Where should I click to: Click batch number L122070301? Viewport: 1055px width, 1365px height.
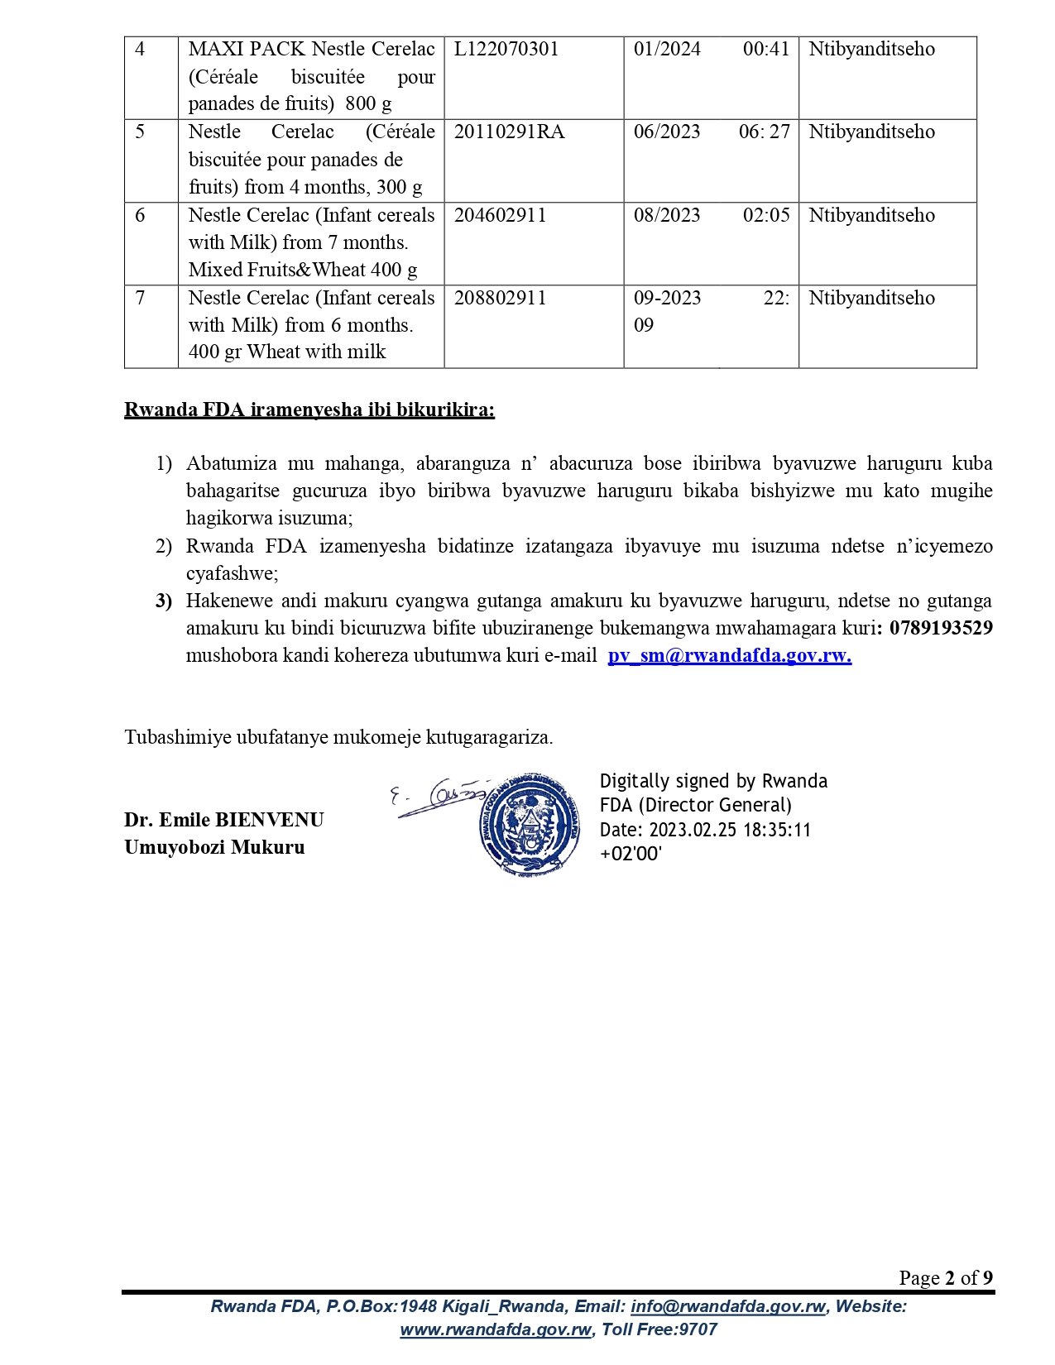506,50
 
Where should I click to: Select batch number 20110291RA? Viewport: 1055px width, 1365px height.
509,132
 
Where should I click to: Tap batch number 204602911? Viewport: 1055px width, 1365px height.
500,216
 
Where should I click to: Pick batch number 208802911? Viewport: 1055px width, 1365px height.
500,299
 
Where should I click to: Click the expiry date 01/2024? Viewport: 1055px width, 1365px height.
667,50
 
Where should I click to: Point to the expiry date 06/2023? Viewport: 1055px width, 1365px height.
667,132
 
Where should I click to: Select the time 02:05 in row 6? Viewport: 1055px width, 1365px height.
765,216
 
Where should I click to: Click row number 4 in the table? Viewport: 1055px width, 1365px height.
140,50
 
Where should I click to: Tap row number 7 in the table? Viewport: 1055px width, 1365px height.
140,299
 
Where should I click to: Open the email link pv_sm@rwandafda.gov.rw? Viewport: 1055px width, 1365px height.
729,656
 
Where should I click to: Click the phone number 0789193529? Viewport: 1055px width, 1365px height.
941,629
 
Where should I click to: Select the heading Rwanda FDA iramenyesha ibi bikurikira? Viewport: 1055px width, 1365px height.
309,410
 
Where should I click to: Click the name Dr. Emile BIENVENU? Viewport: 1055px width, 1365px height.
224,821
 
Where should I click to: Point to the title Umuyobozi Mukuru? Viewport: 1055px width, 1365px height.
214,848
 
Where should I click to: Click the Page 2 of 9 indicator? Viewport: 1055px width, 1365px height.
946,1279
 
